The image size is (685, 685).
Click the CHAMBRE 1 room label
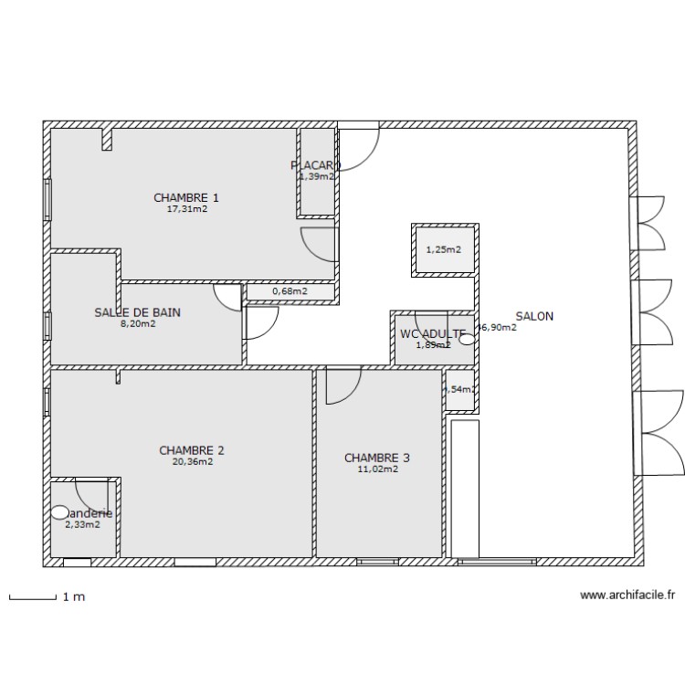[x=186, y=197]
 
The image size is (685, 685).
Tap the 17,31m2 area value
[x=186, y=209]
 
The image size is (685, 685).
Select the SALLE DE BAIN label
[x=137, y=312]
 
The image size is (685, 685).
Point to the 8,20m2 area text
[x=137, y=323]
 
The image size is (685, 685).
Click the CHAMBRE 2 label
[x=192, y=450]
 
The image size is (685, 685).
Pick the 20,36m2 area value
[x=192, y=462]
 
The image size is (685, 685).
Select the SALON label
[x=534, y=316]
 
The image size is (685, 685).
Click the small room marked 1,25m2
[x=444, y=249]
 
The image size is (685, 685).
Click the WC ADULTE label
[x=433, y=333]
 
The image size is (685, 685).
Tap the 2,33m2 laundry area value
[x=82, y=524]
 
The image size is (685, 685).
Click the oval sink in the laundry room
[x=60, y=513]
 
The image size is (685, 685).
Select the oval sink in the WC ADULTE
[x=467, y=339]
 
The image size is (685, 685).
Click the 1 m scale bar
[x=33, y=598]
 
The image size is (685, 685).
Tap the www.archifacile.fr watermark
[x=627, y=595]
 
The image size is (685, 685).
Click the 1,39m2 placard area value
[x=316, y=177]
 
